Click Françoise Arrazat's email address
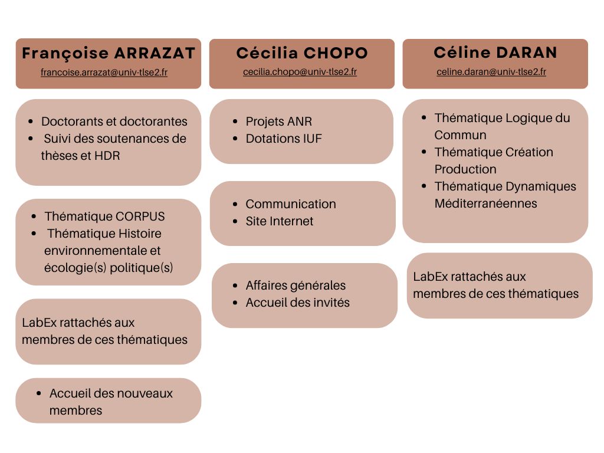(x=104, y=73)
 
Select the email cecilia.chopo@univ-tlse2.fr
(x=300, y=72)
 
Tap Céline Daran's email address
(x=491, y=71)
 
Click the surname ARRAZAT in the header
(x=155, y=53)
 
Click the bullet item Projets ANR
(x=279, y=122)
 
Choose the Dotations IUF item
(x=284, y=139)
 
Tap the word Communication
(x=291, y=204)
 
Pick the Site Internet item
(x=279, y=221)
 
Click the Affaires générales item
(x=296, y=285)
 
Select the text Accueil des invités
(x=297, y=303)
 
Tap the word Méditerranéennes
(x=486, y=203)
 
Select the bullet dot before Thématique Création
(x=424, y=152)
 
